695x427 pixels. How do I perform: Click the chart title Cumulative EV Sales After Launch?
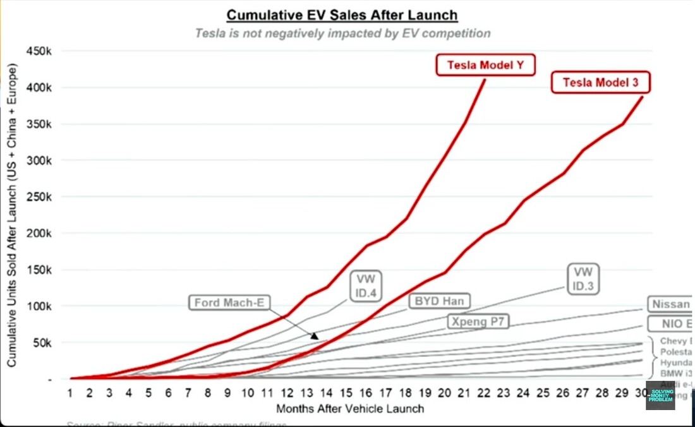pyautogui.click(x=342, y=15)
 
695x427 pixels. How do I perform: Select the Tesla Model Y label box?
pyautogui.click(x=485, y=65)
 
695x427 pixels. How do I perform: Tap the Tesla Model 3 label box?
pyautogui.click(x=600, y=82)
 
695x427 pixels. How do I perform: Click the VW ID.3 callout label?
pyautogui.click(x=584, y=278)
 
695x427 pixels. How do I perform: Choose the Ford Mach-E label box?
pyautogui.click(x=229, y=303)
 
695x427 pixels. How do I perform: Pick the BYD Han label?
pyautogui.click(x=439, y=301)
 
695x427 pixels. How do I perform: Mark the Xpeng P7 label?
pyautogui.click(x=478, y=321)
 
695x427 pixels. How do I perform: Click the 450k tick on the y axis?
pyautogui.click(x=44, y=51)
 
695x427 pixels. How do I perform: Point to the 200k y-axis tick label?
pyautogui.click(x=44, y=233)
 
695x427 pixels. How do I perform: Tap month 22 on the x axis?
pyautogui.click(x=484, y=393)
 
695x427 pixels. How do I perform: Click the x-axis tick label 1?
pyautogui.click(x=71, y=393)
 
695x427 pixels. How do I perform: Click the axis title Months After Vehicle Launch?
pyautogui.click(x=349, y=409)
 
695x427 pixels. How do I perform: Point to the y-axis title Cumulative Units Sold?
pyautogui.click(x=12, y=215)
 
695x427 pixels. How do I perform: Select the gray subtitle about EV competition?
pyautogui.click(x=342, y=33)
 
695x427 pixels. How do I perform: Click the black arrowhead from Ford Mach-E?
pyautogui.click(x=314, y=336)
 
